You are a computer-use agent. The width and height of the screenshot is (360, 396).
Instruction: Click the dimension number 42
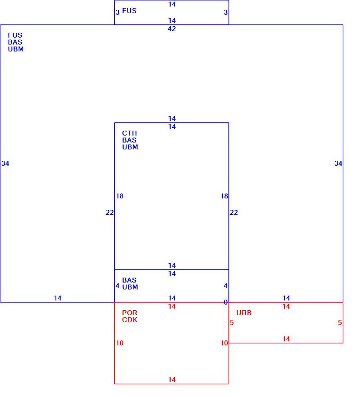tap(172, 29)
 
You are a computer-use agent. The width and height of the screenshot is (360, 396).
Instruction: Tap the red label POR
tap(129, 313)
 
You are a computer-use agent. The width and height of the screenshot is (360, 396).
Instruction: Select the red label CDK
tap(130, 320)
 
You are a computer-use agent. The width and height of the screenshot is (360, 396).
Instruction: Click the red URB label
tap(244, 313)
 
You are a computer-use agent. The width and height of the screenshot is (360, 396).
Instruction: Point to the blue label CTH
tap(129, 133)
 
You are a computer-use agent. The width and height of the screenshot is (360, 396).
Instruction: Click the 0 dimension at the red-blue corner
tap(226, 302)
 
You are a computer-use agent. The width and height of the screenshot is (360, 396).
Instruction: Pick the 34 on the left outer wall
tap(5, 163)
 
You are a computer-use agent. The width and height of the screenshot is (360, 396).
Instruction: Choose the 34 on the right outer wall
tap(338, 163)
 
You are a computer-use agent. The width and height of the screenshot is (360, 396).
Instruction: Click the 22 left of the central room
tap(109, 212)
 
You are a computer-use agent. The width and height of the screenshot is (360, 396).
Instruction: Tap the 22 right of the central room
tap(234, 212)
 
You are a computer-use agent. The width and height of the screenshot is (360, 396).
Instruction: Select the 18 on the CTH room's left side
tap(120, 196)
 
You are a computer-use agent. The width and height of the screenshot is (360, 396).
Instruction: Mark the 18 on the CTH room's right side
tap(224, 196)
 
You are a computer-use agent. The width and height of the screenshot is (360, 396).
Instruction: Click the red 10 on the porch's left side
tap(120, 343)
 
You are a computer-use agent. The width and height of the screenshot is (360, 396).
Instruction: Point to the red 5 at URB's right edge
tap(340, 323)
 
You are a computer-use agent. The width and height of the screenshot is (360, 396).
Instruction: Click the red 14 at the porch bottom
tap(172, 380)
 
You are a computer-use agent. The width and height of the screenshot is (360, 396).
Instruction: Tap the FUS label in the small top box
tap(129, 11)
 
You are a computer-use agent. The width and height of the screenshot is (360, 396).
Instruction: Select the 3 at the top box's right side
tap(226, 12)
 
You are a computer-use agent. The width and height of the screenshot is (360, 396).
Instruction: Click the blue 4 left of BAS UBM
tap(118, 286)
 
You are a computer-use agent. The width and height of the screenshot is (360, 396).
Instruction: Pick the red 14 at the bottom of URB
tap(286, 339)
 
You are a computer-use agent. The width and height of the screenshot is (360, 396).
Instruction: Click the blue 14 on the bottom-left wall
tap(58, 298)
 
